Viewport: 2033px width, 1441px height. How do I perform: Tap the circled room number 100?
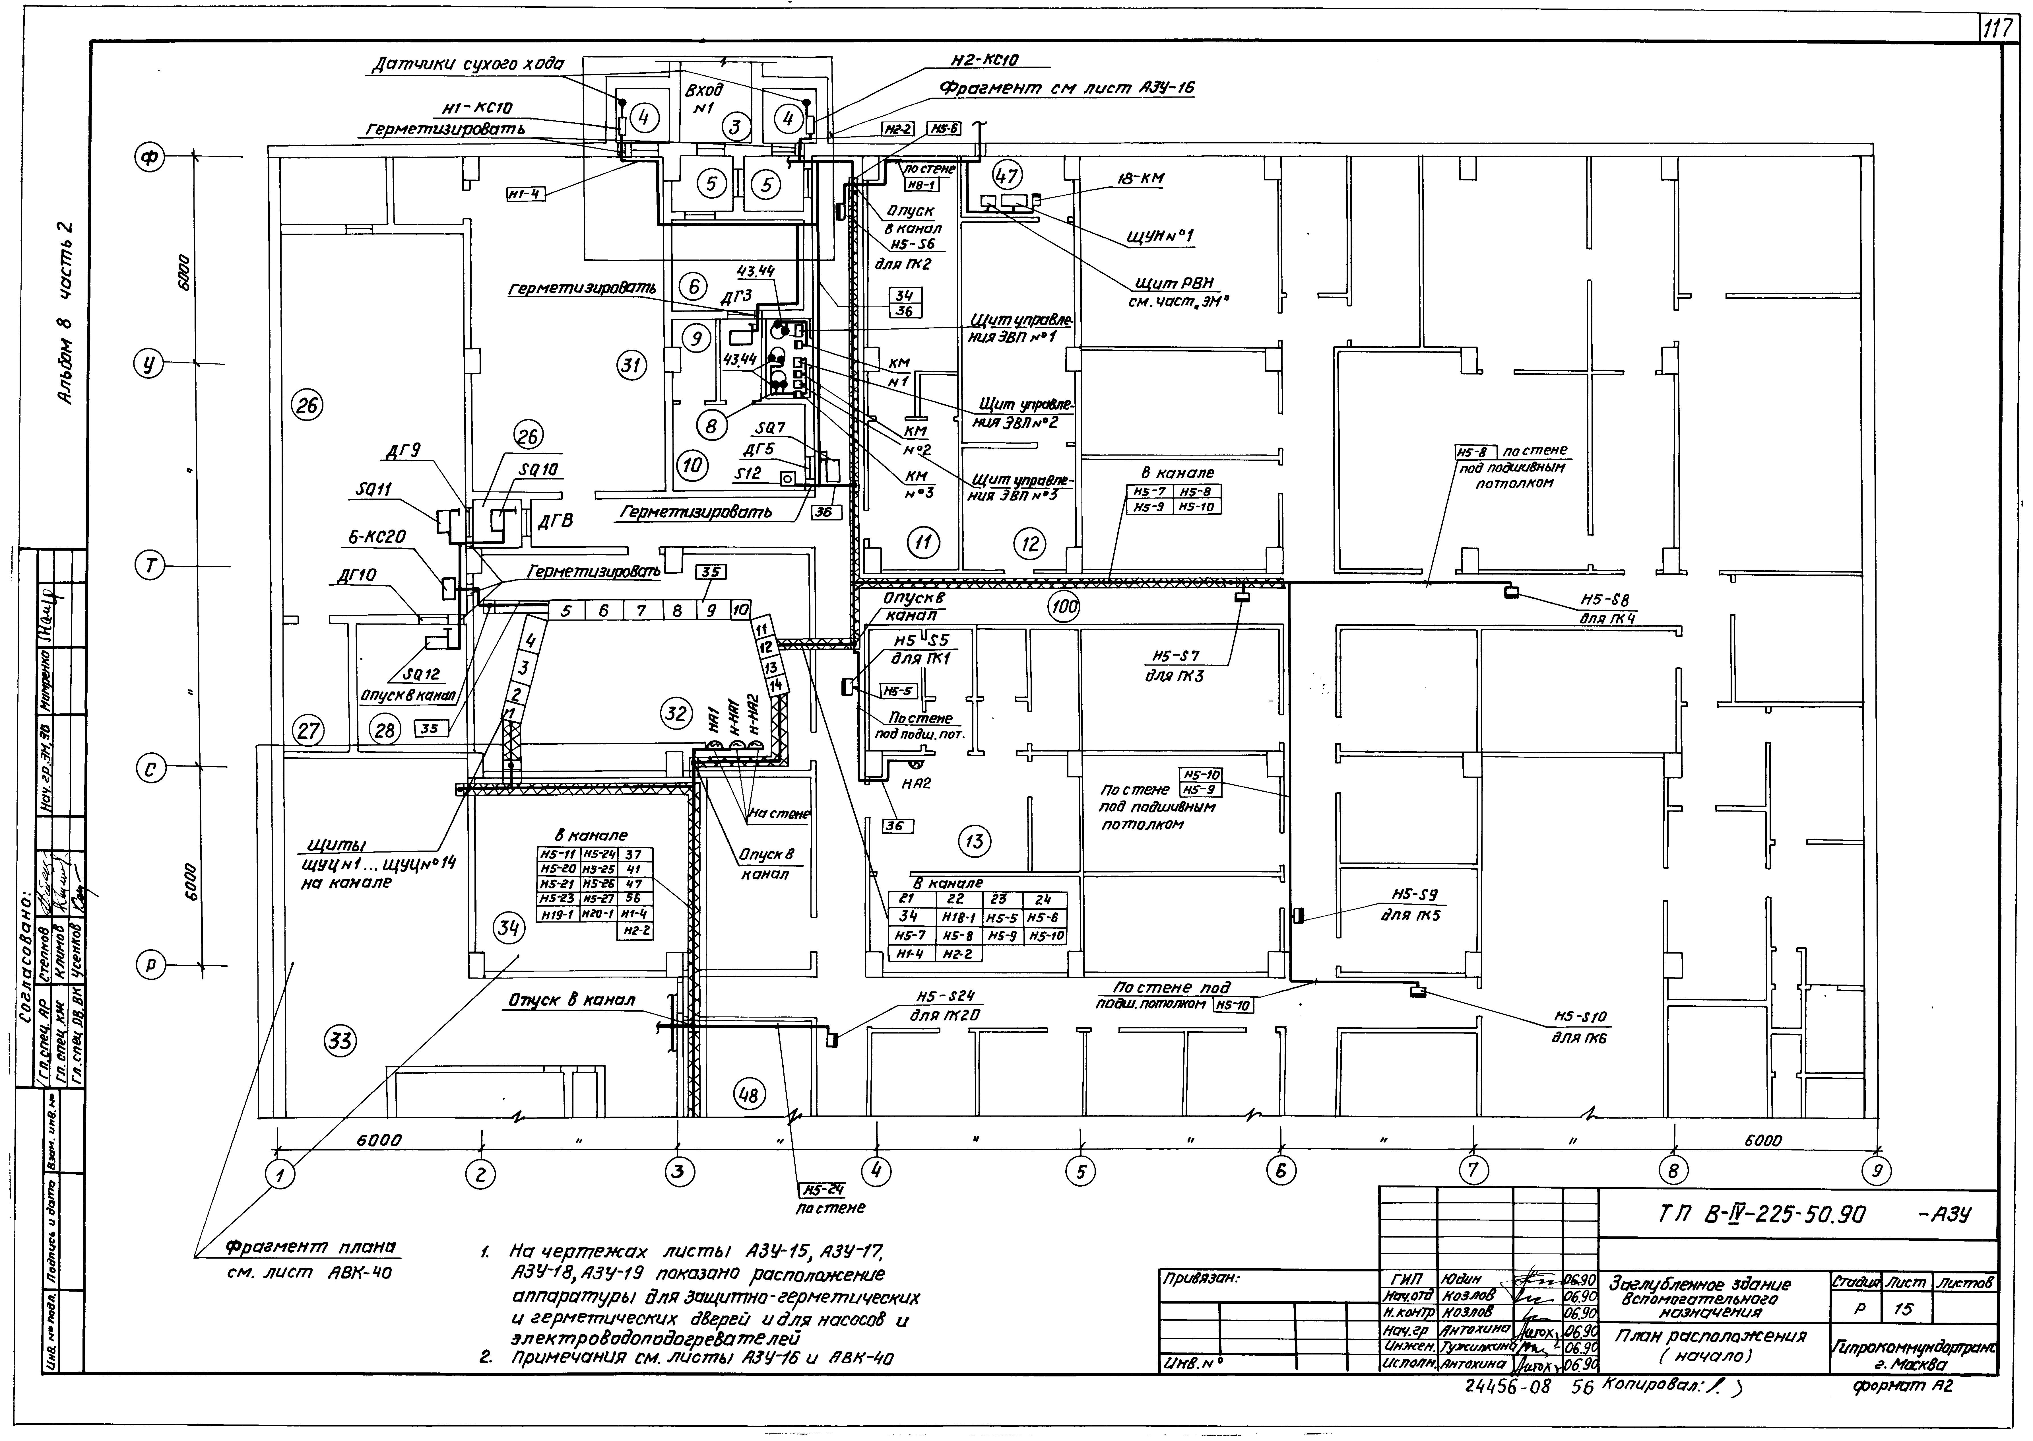pos(1064,608)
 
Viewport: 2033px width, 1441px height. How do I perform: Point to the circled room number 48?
pos(749,1096)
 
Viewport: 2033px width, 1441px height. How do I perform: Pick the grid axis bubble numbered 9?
pos(1876,1172)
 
